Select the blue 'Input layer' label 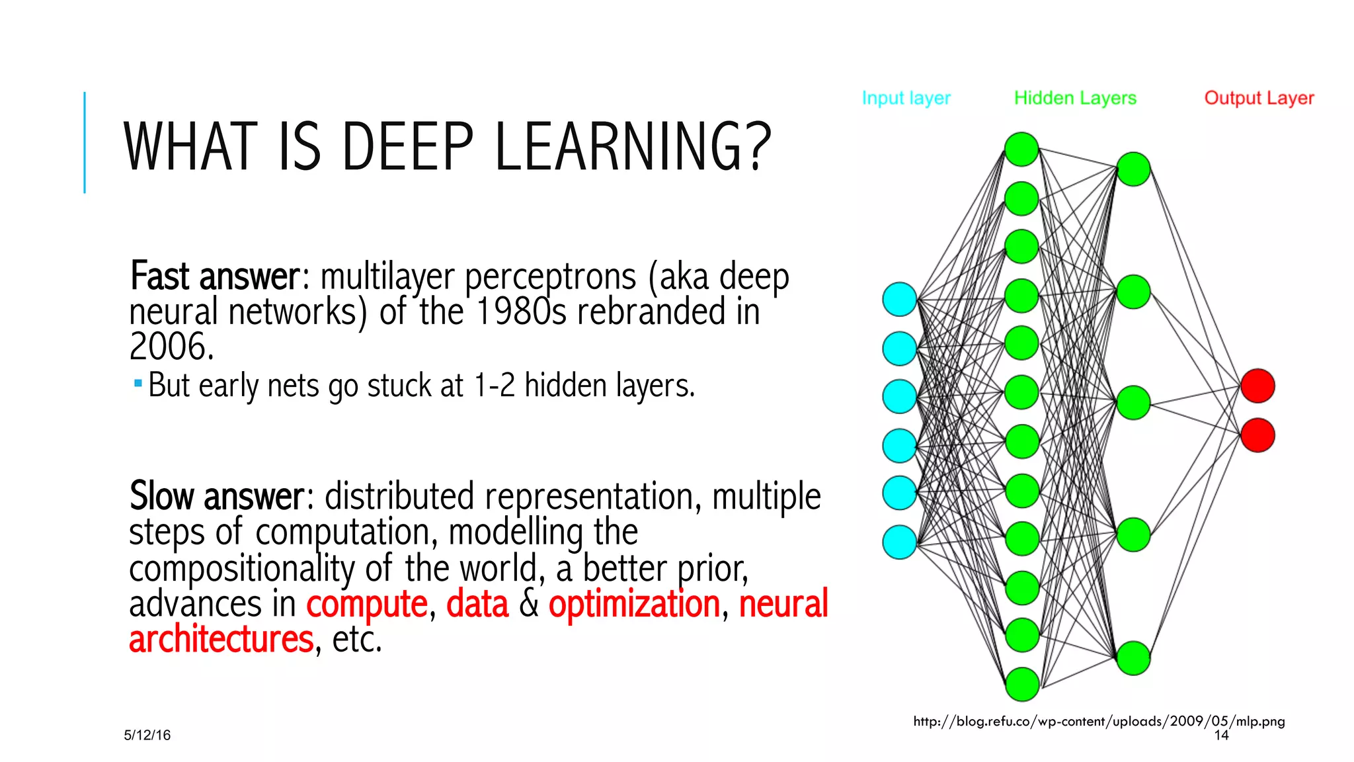point(906,98)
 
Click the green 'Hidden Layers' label point(1075,98)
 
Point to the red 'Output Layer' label point(1259,98)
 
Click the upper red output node point(1257,386)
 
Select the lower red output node point(1257,435)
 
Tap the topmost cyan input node point(900,299)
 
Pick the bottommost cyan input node point(900,542)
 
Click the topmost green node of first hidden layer point(1021,149)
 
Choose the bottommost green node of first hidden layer point(1022,684)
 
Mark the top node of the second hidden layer point(1133,169)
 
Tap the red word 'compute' point(367,603)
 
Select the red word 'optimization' point(634,603)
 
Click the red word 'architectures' point(221,639)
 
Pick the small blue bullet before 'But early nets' point(138,383)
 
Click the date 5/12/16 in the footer point(147,735)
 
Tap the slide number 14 point(1221,735)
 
